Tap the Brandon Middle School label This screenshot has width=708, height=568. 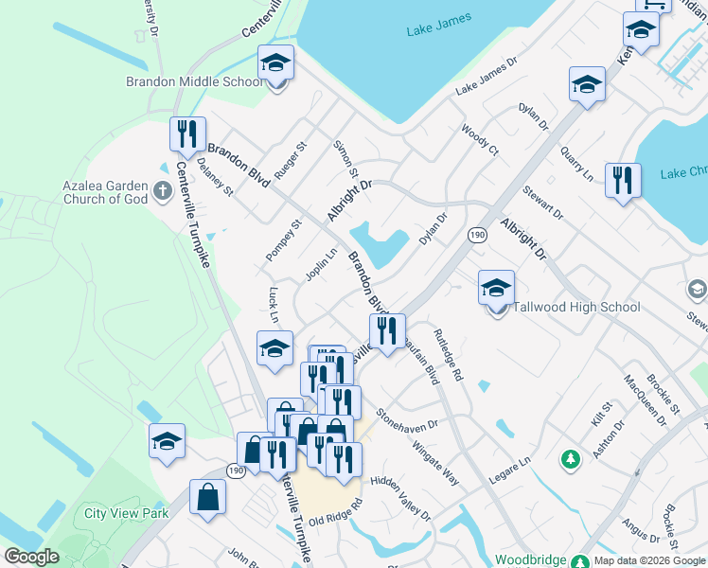click(195, 81)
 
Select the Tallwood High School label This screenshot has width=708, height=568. click(576, 307)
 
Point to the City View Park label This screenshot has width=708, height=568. click(126, 513)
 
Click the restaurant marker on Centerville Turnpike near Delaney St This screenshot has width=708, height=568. click(187, 133)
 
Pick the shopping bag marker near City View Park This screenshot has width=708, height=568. click(207, 496)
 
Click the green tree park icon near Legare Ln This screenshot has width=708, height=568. click(570, 460)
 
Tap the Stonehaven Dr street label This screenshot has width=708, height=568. click(408, 419)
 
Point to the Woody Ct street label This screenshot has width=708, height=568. click(480, 138)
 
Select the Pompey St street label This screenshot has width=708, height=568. click(283, 240)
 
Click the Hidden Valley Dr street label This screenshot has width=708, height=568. click(400, 499)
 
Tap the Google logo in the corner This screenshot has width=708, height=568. click(31, 557)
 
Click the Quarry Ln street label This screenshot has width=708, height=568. click(575, 164)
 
